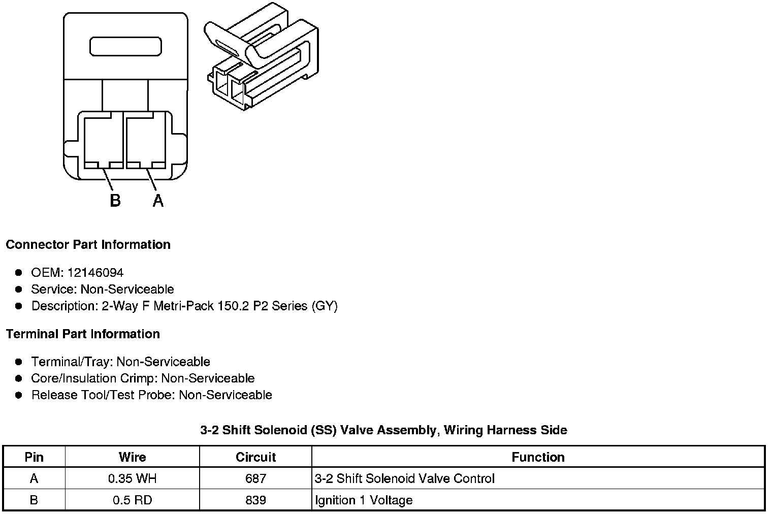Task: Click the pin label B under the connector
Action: coord(115,201)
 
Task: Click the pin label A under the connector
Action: coord(158,201)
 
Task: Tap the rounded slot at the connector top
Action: coord(125,46)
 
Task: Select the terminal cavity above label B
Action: coord(104,141)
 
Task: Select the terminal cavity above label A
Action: coord(145,141)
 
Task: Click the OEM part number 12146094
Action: coord(95,273)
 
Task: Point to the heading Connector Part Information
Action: coord(88,245)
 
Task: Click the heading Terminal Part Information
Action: coord(83,334)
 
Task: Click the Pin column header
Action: coord(34,457)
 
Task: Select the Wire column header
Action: coord(132,457)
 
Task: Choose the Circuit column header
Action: coord(255,457)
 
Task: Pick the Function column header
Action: coord(538,457)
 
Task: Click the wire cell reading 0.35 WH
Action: coord(132,478)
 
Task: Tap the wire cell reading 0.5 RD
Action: coord(132,500)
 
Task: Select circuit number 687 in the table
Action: coord(255,478)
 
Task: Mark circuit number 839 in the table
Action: coord(255,500)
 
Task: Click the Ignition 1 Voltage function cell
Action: coord(364,500)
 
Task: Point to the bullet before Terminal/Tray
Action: coord(19,362)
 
